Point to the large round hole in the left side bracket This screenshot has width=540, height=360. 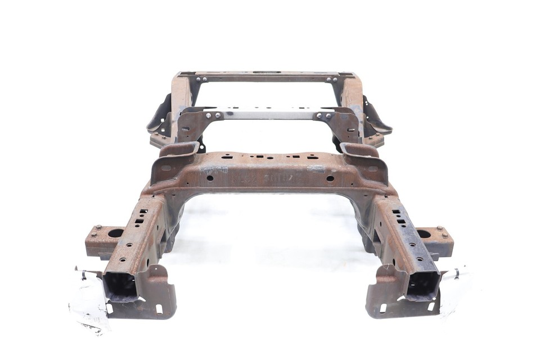(115, 233)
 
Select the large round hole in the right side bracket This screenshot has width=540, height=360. (424, 233)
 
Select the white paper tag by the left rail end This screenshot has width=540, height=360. (89, 301)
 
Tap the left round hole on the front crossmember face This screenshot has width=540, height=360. (209, 178)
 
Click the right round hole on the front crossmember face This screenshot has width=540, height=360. (330, 179)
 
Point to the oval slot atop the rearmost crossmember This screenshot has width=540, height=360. (265, 73)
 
